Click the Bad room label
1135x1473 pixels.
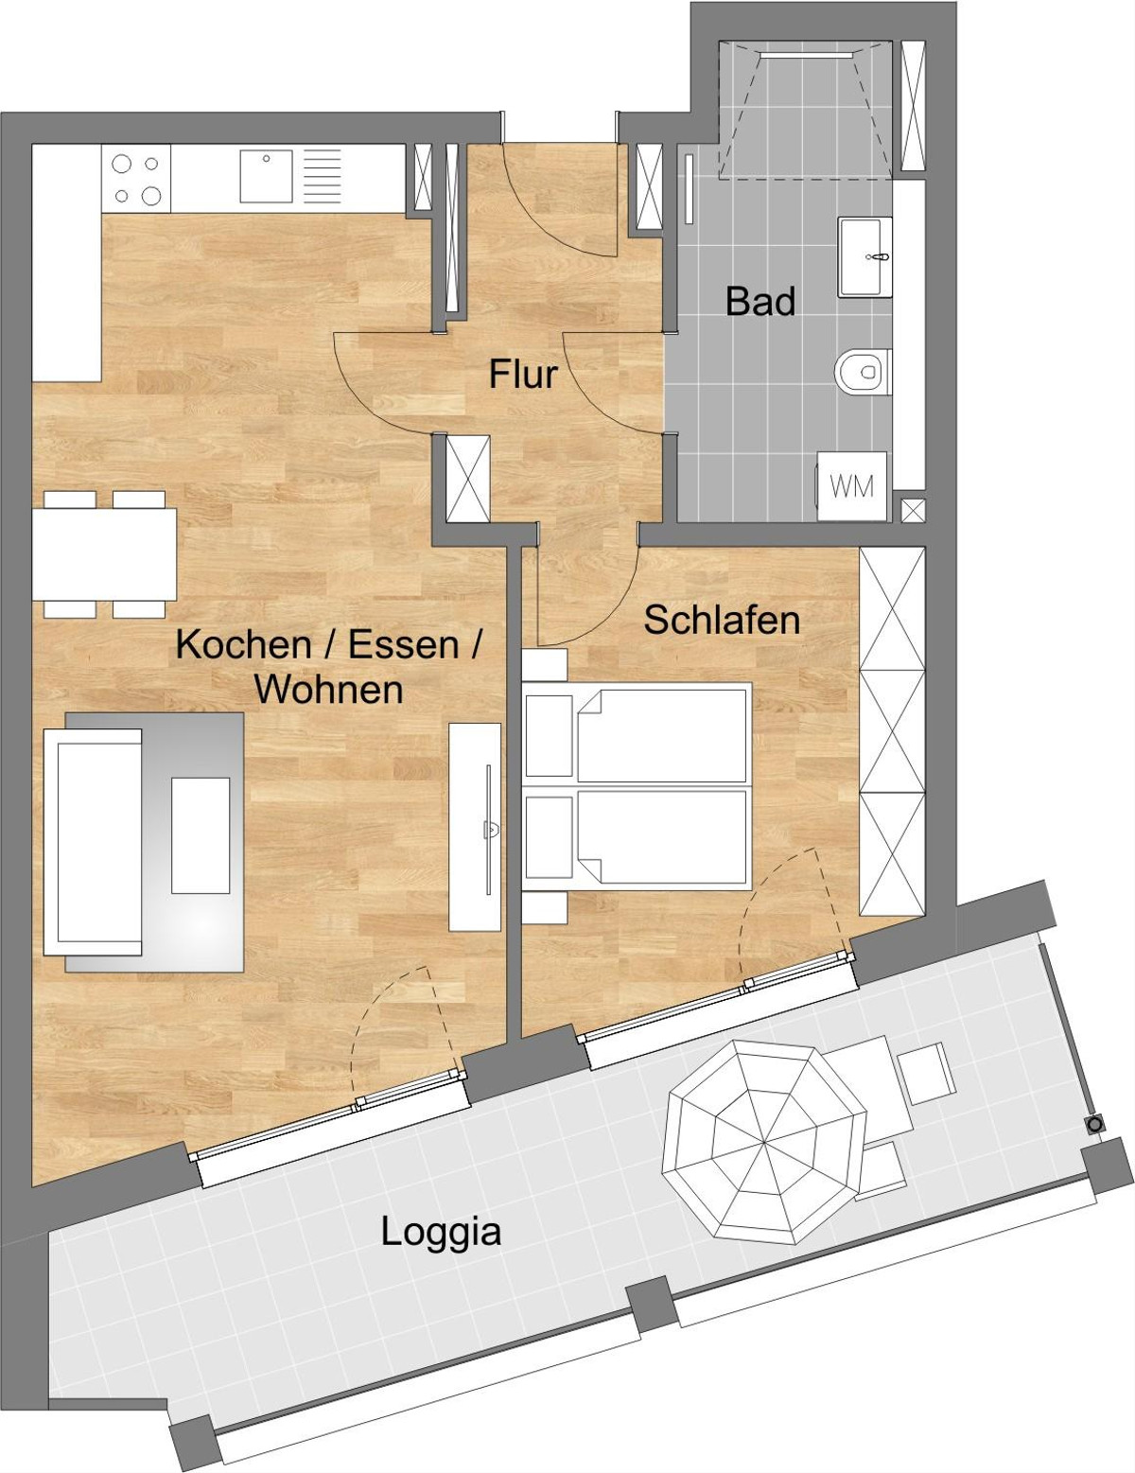pos(760,302)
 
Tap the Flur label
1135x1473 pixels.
pos(523,375)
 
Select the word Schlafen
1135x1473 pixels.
pos(722,621)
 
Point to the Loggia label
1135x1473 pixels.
pos(441,1232)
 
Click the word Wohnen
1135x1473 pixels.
pos(329,690)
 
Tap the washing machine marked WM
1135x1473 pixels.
pos(852,486)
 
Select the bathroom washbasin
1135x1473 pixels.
pos(864,257)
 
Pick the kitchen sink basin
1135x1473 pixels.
pos(266,176)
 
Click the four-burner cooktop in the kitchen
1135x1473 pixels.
pos(136,179)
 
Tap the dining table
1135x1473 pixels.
pos(104,554)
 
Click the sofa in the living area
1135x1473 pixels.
pos(93,842)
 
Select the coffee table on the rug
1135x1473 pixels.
pos(200,835)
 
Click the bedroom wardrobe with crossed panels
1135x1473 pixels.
pos(892,731)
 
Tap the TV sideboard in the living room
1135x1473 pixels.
pos(475,827)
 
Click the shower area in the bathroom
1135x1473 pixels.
pos(805,110)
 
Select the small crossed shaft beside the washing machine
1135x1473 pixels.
pos(913,511)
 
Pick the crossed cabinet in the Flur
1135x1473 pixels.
pos(467,479)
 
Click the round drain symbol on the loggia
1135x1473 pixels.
pos(1095,1126)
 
